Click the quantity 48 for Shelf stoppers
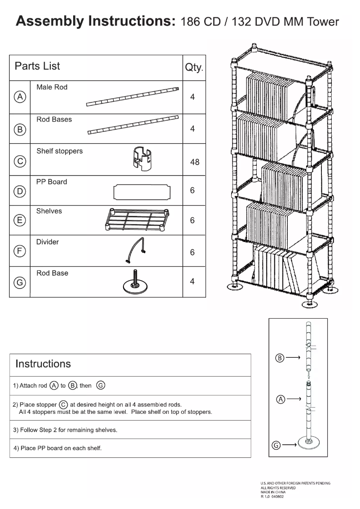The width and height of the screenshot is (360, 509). [194, 162]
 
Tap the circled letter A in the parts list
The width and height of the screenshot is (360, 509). [20, 97]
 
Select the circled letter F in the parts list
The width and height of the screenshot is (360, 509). [20, 252]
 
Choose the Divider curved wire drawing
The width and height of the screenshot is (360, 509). [133, 250]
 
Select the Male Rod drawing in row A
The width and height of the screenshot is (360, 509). [132, 97]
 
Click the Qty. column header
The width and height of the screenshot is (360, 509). [194, 68]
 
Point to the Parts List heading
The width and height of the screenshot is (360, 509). [37, 66]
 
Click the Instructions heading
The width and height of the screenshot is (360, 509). [43, 364]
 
